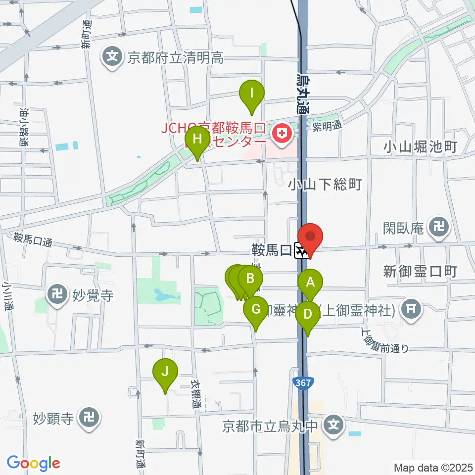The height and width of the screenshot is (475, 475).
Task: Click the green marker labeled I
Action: [x=252, y=93]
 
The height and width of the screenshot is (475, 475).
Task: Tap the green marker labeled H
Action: [x=197, y=139]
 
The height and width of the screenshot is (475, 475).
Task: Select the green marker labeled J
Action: [x=165, y=371]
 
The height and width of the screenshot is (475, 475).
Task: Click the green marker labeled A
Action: [x=310, y=283]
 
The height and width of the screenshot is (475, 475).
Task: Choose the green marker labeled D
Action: [x=308, y=314]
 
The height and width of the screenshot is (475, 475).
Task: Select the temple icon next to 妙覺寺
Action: [x=58, y=296]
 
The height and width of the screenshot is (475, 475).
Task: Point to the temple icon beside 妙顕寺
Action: [x=89, y=419]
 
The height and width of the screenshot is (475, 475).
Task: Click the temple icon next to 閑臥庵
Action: [x=439, y=228]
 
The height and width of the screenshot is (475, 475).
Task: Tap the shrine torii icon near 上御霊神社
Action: [x=410, y=310]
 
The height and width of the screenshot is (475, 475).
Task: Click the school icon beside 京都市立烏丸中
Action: [x=334, y=425]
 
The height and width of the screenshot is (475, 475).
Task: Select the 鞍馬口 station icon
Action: [x=300, y=251]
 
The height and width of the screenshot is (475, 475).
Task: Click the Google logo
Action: [x=33, y=464]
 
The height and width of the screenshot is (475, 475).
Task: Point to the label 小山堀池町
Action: [x=421, y=147]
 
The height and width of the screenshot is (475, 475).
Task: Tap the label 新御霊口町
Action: [x=420, y=271]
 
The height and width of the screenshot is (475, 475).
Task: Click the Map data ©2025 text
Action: [x=433, y=467]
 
